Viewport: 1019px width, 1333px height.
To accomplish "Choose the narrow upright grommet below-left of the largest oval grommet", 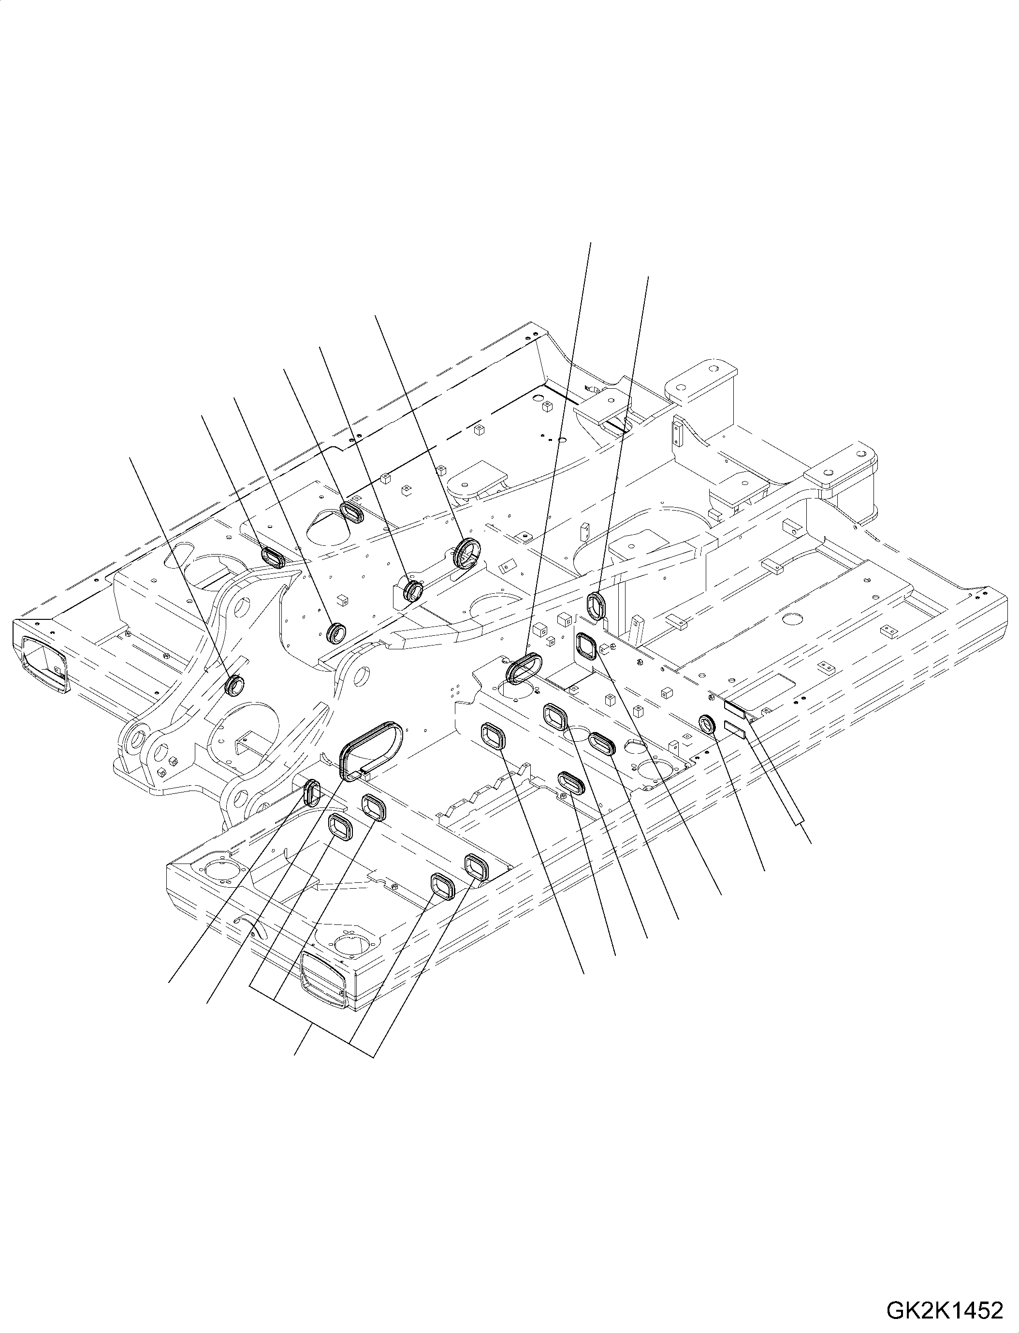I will tap(312, 793).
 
